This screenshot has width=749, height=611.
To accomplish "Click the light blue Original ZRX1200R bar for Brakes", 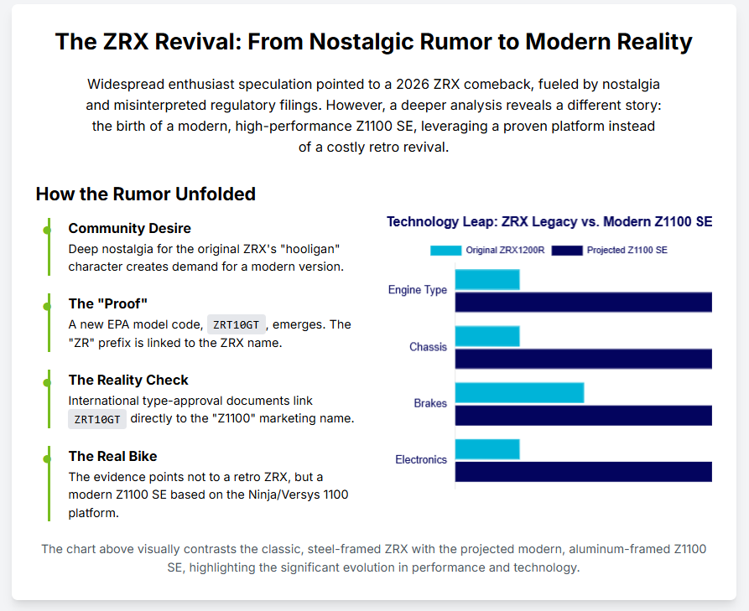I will pyautogui.click(x=519, y=392).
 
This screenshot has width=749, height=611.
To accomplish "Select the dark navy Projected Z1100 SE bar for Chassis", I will pyautogui.click(x=583, y=359).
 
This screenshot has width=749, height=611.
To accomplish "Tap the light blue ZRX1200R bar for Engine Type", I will pyautogui.click(x=487, y=279).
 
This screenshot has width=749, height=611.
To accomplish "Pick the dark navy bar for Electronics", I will pyautogui.click(x=583, y=471).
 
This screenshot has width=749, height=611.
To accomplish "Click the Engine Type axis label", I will pyautogui.click(x=418, y=290).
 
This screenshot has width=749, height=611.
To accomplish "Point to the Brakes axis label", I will pyautogui.click(x=430, y=403).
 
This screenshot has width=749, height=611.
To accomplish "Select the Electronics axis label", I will pyautogui.click(x=421, y=459).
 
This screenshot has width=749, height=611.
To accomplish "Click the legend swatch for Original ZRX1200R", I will pyautogui.click(x=445, y=250).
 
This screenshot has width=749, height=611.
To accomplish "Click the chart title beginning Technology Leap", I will pyautogui.click(x=549, y=222).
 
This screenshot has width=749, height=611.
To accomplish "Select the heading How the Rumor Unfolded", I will pyautogui.click(x=145, y=194).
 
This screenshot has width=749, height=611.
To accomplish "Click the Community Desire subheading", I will pyautogui.click(x=129, y=228).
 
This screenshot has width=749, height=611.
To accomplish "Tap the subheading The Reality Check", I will pyautogui.click(x=128, y=380).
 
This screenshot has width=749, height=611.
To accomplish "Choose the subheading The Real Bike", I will pyautogui.click(x=112, y=456).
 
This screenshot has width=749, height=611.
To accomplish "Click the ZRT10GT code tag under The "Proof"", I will pyautogui.click(x=236, y=324).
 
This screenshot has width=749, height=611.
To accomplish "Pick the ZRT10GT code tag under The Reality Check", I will pyautogui.click(x=97, y=419).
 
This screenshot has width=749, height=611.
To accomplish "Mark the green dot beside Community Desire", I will pyautogui.click(x=48, y=229).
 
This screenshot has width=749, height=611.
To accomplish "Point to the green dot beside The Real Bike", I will pyautogui.click(x=48, y=457).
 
